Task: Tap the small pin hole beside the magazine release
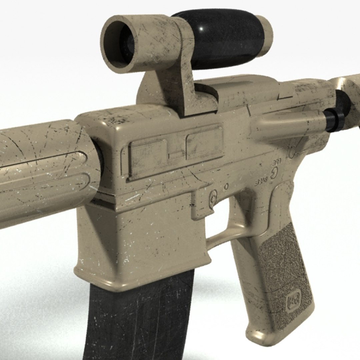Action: (226, 186)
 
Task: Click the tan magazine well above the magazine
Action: (140, 240)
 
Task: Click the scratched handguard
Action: (43, 170)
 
